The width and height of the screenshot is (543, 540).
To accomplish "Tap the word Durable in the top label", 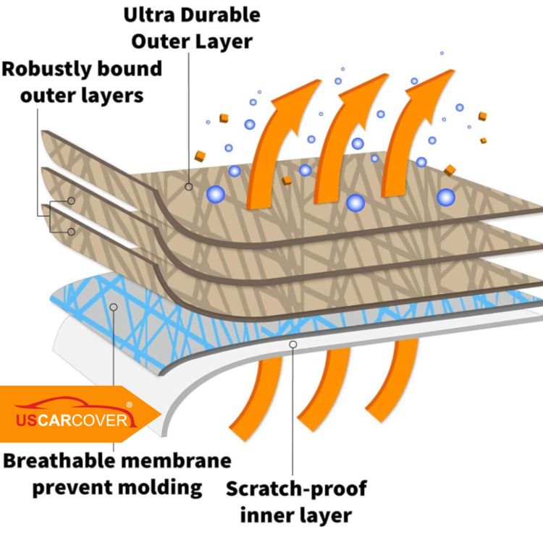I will point(220,14).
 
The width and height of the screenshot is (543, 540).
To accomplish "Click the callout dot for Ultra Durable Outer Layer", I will point(188,187).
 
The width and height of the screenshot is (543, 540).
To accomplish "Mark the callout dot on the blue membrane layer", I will point(114,307).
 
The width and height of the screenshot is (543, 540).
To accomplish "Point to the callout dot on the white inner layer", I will point(293,345).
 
